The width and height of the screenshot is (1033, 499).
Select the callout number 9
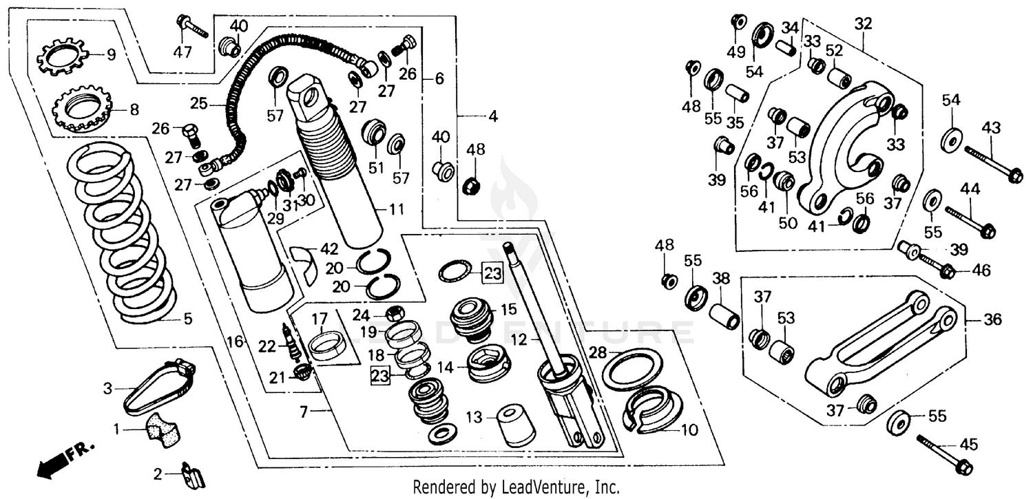111,53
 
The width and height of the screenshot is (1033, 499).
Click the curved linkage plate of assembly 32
837,151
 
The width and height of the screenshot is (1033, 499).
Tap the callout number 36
993,320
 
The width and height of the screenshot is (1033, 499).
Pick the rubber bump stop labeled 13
516,425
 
